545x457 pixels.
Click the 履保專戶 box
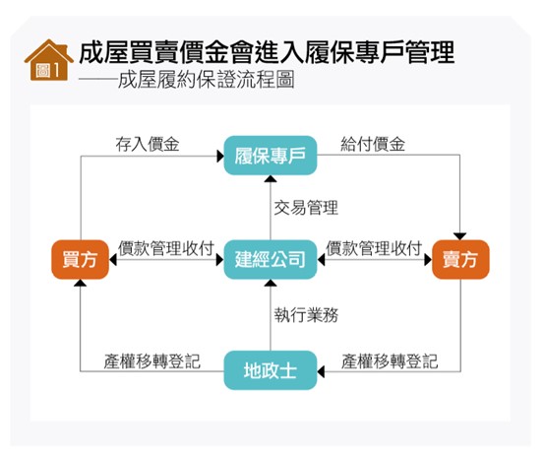coord(271,155)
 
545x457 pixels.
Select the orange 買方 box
coord(81,260)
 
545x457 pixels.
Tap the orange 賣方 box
coord(460,260)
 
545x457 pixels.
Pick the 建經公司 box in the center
coord(271,260)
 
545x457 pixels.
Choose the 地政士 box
coord(271,370)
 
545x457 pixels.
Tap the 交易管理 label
coord(306,208)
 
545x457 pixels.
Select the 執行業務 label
coord(306,316)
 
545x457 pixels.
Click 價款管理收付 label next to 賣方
coord(375,246)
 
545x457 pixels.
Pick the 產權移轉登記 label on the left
coord(152,360)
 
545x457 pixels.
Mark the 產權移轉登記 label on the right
coord(390,360)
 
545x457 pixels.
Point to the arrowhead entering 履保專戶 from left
coord(217,155)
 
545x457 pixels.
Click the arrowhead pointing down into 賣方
coord(460,235)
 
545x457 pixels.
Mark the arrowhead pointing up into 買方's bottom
coord(81,284)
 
